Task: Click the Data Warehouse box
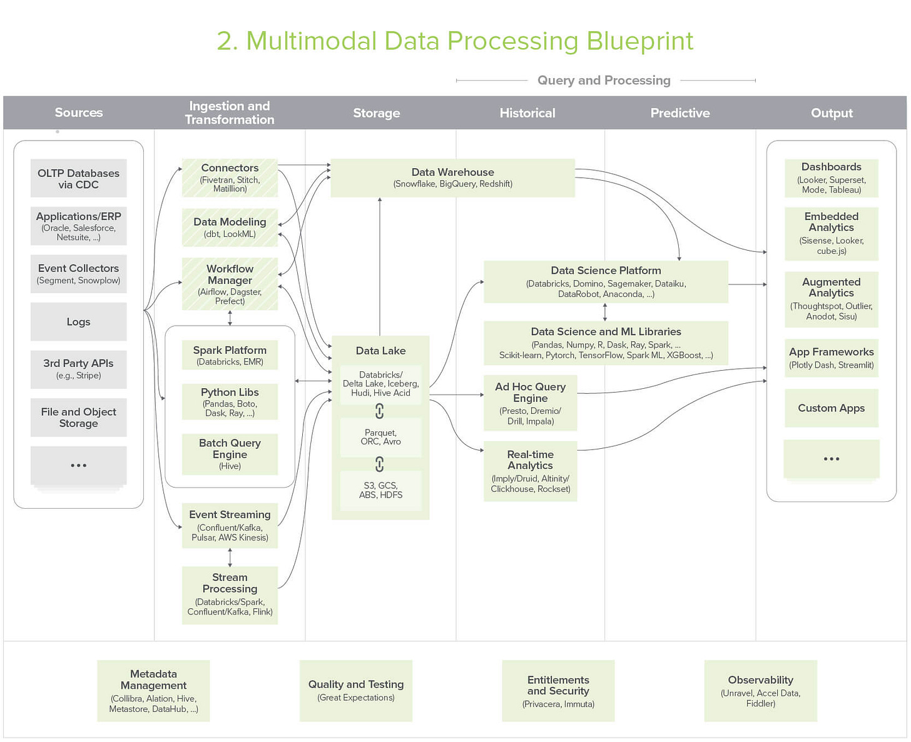point(452,178)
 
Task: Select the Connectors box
point(230,178)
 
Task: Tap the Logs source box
point(78,322)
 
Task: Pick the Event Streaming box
point(230,525)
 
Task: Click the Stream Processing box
point(230,594)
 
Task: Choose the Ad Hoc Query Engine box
point(530,403)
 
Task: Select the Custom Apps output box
point(831,408)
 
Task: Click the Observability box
point(760,690)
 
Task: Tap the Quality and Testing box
point(355,690)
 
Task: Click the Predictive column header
point(680,113)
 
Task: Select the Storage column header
point(376,113)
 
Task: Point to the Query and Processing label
point(604,81)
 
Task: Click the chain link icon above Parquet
point(379,411)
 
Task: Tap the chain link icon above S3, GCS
point(379,464)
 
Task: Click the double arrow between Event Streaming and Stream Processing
point(230,557)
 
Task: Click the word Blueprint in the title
point(639,41)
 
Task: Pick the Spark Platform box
point(230,355)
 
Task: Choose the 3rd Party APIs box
point(78,369)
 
